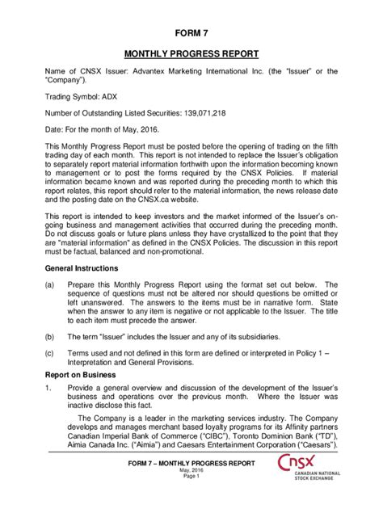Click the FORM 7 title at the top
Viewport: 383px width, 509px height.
[x=191, y=33]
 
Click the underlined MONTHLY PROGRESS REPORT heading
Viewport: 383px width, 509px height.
[x=191, y=55]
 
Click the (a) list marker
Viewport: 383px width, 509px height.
[x=49, y=284]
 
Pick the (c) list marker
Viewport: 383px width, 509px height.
[x=49, y=354]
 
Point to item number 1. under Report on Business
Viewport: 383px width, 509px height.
[x=48, y=389]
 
